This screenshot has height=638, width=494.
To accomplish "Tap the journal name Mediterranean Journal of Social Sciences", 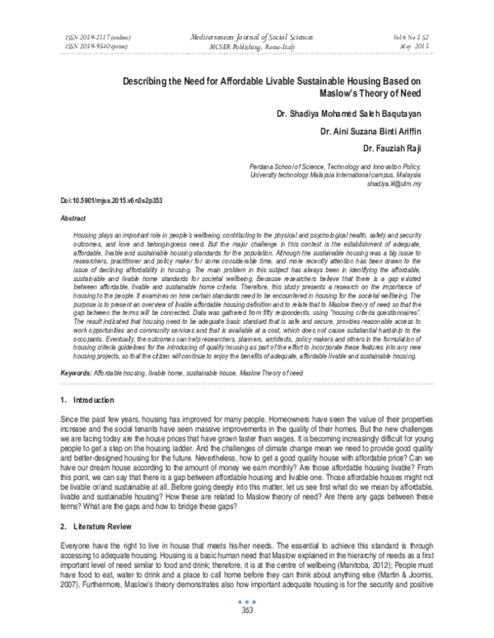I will (x=247, y=38).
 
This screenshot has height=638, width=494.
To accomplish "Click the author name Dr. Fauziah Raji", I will (x=404, y=148).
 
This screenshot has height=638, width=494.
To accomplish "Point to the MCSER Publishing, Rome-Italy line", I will (x=247, y=47).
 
